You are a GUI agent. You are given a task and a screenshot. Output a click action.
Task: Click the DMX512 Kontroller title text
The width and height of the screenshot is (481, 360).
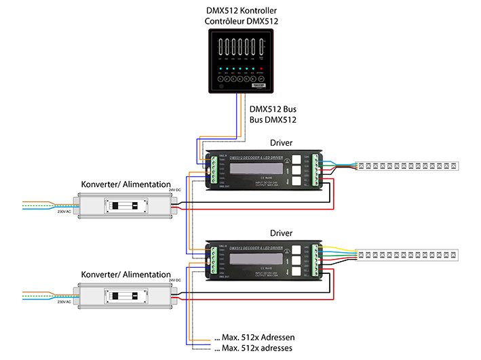[x=242, y=11]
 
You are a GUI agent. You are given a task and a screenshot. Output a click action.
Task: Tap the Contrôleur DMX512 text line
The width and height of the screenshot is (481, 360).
[x=242, y=22]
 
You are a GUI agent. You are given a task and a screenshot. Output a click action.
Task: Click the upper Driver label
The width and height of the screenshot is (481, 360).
[x=281, y=143]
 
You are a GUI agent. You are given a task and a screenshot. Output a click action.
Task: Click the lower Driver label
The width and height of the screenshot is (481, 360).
[x=281, y=233]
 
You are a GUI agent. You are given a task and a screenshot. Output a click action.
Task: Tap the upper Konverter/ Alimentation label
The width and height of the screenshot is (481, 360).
[x=126, y=184]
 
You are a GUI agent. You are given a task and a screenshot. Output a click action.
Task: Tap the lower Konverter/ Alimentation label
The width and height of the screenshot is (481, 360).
[x=126, y=275]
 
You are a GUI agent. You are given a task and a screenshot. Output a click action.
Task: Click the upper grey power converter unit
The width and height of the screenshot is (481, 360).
[x=125, y=204]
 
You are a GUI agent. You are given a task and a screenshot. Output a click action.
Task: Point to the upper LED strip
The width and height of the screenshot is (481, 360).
[x=408, y=165]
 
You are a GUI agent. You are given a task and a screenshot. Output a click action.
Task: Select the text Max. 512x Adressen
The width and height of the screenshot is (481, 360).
[x=254, y=338]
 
